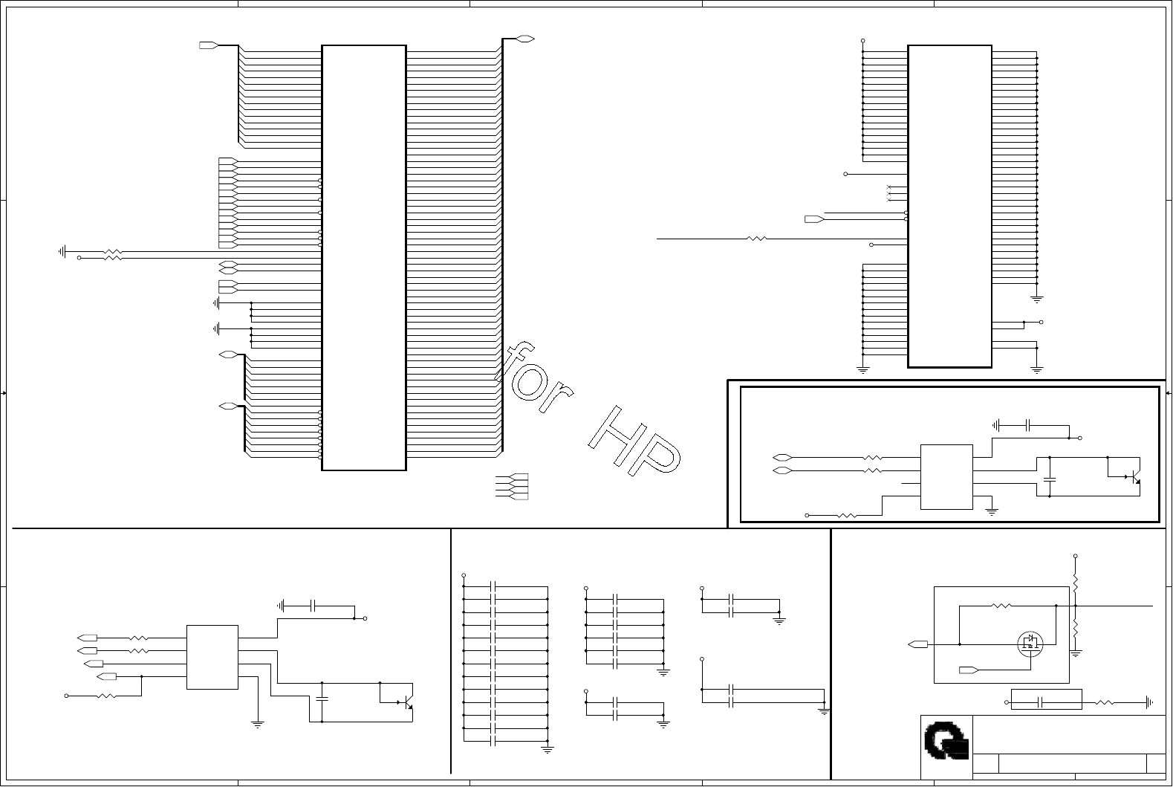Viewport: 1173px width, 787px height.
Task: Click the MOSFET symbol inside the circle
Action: tap(1029, 642)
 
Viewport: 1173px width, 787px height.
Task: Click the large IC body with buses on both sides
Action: tap(363, 257)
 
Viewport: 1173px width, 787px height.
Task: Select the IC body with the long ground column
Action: tap(949, 206)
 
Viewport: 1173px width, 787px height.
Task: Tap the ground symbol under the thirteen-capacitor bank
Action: tap(547, 750)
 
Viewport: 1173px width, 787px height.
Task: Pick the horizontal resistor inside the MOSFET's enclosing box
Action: tap(1001, 606)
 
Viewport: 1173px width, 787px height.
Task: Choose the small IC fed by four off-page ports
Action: tap(212, 657)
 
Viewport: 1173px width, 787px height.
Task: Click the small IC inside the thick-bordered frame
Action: tap(946, 477)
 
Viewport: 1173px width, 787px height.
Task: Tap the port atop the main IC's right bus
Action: tap(526, 38)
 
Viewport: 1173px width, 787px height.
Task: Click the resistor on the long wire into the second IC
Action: tap(756, 239)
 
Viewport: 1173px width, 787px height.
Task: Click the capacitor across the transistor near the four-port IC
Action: tap(322, 698)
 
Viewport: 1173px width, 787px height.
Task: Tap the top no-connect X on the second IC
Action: tap(888, 187)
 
